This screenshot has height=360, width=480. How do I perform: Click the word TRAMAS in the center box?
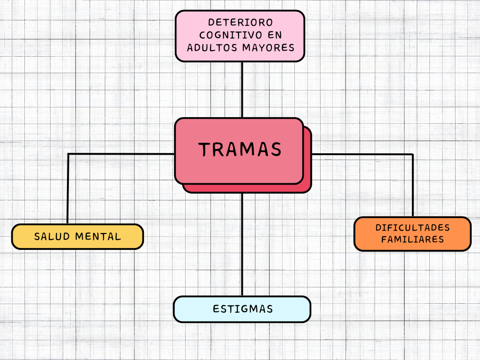240,150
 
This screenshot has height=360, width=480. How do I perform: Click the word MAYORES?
268,48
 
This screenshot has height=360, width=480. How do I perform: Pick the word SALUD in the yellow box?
52,237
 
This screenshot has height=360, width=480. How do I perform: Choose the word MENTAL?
98,237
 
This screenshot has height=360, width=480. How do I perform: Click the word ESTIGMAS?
242,309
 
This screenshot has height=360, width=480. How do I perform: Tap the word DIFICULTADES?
412,228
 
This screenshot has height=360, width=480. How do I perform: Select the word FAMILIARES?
412,240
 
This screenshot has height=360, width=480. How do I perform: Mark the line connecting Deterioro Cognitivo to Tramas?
242,89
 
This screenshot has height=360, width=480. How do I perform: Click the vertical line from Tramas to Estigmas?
242,244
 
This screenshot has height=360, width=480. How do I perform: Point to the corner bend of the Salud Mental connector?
68,154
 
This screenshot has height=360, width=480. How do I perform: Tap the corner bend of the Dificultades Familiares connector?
412,154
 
